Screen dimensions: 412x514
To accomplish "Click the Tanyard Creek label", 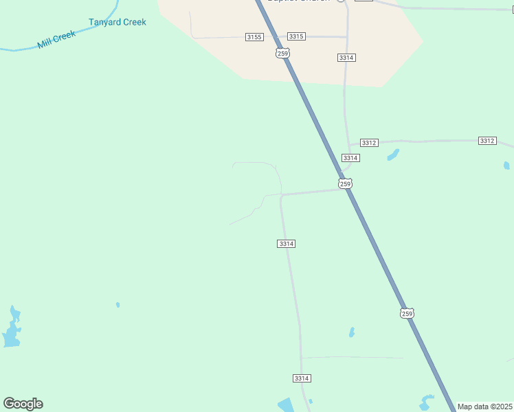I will tap(118, 22).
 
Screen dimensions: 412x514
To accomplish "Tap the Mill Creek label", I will tap(56, 39).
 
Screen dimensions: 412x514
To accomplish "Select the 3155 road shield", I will tap(254, 36).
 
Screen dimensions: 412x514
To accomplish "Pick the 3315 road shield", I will tap(296, 36).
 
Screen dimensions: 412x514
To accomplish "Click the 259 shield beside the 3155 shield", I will tap(282, 53).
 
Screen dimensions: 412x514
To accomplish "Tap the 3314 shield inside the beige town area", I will tap(346, 58).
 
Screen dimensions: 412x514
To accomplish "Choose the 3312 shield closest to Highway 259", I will tap(369, 143).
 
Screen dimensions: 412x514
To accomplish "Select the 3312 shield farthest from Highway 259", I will tap(487, 141).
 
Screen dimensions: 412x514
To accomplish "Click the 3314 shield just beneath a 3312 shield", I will tap(350, 158).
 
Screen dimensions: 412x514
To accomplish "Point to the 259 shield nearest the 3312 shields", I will tap(345, 183).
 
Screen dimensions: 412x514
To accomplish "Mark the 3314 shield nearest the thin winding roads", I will tap(287, 244).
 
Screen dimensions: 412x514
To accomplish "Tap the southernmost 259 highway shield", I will tap(407, 313).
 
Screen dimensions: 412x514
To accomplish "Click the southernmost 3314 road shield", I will tap(302, 378).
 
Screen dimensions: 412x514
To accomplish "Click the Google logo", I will tap(23, 404).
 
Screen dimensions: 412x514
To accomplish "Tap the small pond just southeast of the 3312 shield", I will tap(393, 155).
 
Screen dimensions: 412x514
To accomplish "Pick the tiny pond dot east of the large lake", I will tap(118, 304).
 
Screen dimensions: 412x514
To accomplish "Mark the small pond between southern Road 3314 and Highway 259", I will tap(352, 332).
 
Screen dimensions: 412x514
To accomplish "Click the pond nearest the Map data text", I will tap(427, 402).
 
